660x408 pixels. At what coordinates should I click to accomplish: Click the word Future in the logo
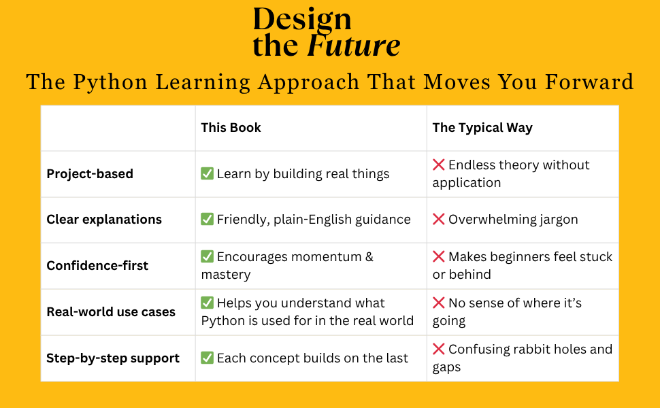pos(354,46)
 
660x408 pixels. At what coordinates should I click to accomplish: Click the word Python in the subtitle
pos(110,82)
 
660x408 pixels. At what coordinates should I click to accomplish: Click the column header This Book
pos(231,128)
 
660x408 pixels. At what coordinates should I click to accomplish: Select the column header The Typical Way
pos(482,128)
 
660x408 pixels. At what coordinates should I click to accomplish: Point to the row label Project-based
pos(90,174)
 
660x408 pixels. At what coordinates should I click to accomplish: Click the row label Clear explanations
pos(104,220)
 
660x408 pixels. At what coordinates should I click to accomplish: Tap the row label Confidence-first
pos(97,266)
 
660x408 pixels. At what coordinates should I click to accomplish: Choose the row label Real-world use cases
pos(111,312)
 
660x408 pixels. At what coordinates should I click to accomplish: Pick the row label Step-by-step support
pos(113,358)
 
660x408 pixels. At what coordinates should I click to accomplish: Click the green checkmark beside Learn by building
pos(208,174)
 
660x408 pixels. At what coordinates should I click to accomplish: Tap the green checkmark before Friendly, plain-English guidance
pos(208,220)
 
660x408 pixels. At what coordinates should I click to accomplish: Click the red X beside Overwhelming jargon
pos(439,220)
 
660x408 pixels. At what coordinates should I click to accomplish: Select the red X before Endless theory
pos(439,165)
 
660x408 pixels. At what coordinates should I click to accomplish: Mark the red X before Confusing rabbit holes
pos(439,350)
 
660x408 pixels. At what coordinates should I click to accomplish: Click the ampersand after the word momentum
pos(369,257)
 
